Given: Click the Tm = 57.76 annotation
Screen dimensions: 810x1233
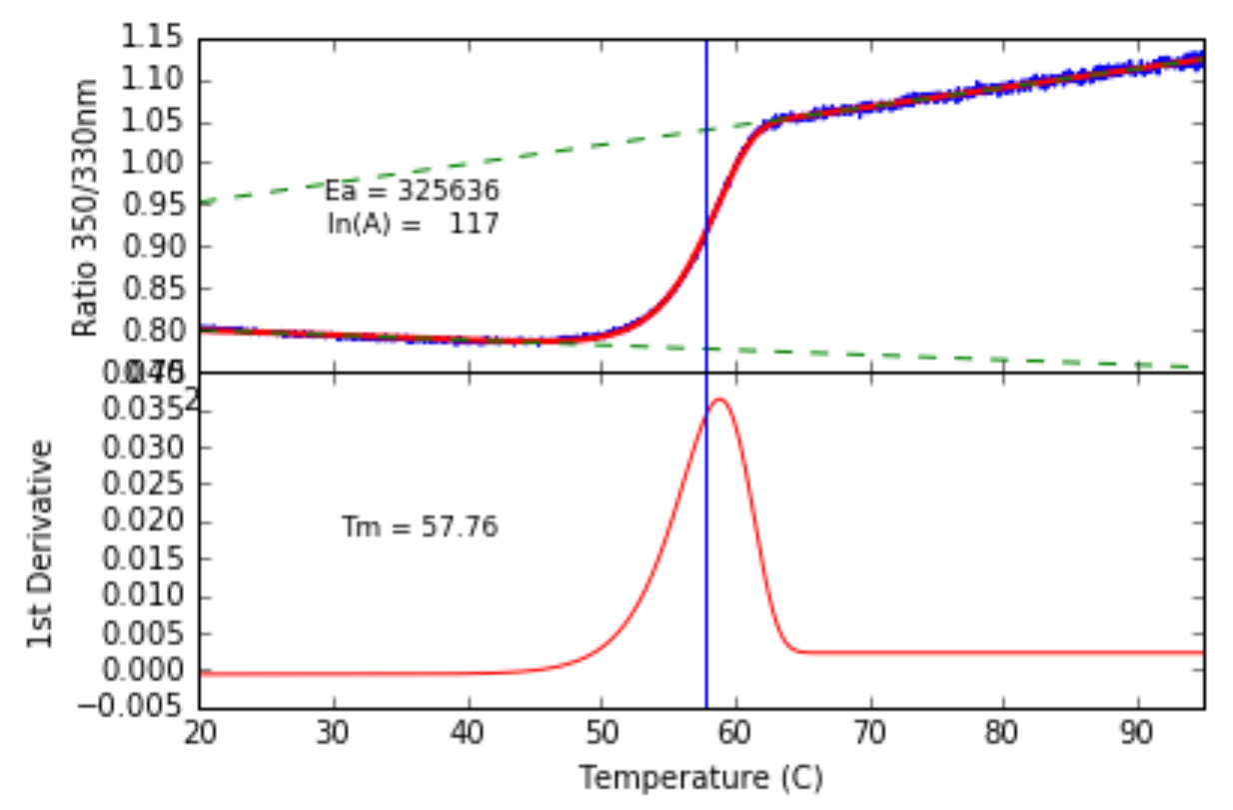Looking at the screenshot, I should click(x=420, y=527).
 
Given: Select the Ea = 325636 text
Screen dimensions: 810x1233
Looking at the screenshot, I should click(x=412, y=190).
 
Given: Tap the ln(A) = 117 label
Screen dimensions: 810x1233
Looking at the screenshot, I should click(x=413, y=224).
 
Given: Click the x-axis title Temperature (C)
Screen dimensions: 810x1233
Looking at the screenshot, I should click(x=700, y=777).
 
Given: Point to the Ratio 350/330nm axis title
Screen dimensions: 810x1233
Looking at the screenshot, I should click(x=86, y=207).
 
